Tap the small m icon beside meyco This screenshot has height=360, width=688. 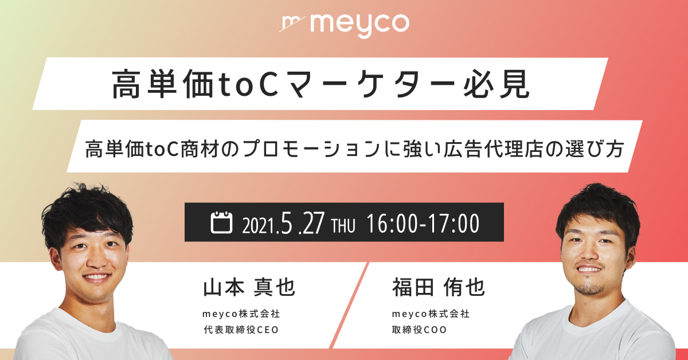293,24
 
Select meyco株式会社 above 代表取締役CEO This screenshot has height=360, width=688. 240,314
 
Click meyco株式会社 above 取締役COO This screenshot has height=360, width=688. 431,314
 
